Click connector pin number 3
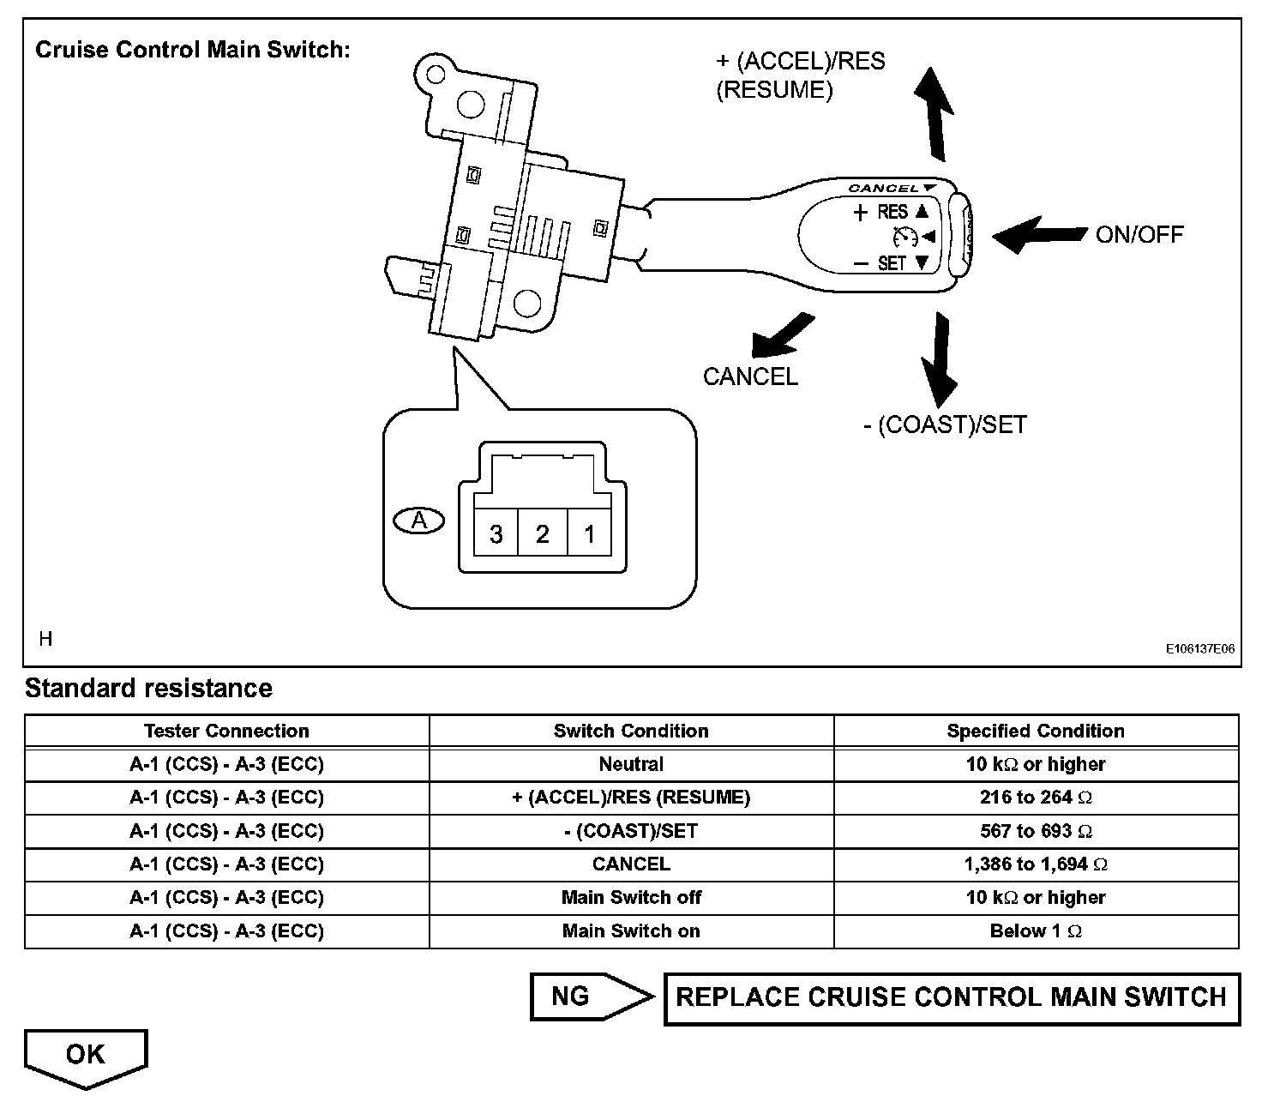click(496, 534)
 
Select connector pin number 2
click(542, 534)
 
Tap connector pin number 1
click(589, 534)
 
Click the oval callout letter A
click(419, 521)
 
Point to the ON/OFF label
click(1139, 234)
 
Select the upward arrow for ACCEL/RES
click(934, 112)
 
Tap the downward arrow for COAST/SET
click(939, 358)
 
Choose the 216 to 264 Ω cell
click(1036, 798)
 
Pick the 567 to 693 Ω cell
click(1036, 831)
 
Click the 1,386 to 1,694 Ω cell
click(1036, 864)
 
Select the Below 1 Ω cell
click(1036, 931)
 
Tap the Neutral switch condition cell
click(631, 764)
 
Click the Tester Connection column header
click(226, 731)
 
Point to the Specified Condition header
click(1036, 731)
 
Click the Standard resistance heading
click(148, 688)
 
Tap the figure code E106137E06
click(1199, 649)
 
